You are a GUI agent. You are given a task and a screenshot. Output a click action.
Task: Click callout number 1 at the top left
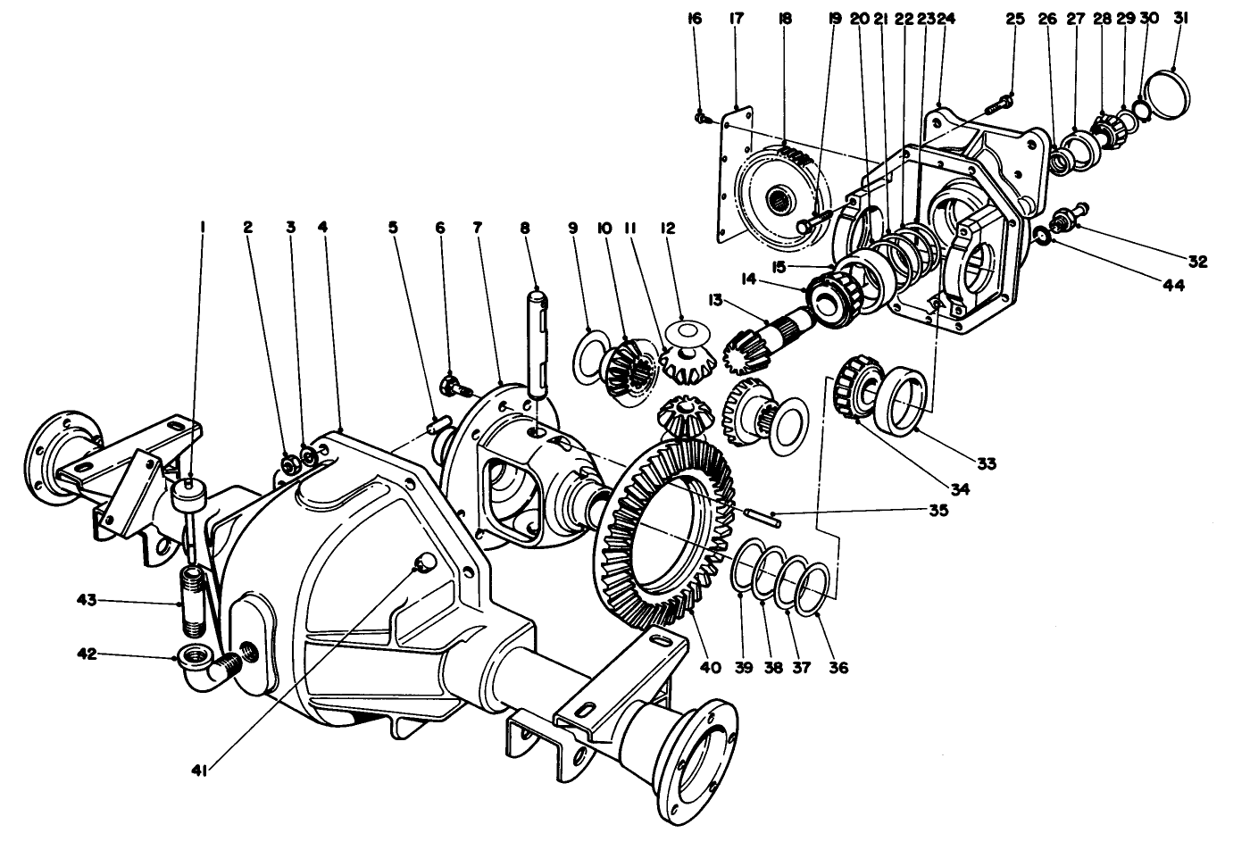coord(203,228)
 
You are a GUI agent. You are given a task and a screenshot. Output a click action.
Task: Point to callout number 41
coord(198,770)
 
